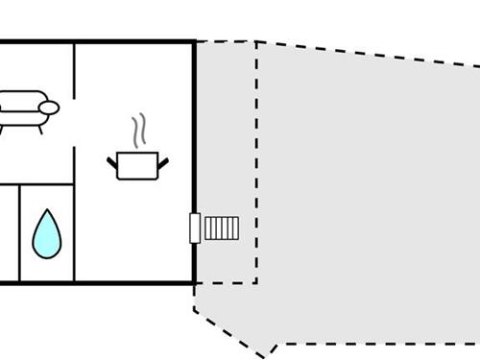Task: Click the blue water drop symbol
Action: click(45, 234)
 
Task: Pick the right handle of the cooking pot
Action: click(167, 160)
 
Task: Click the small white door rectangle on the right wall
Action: click(195, 228)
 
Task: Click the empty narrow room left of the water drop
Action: click(8, 234)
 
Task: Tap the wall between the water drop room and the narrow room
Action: click(18, 234)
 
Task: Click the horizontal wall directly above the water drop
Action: click(45, 184)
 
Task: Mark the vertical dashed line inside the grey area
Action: click(256, 163)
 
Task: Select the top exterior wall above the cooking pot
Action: click(134, 41)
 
